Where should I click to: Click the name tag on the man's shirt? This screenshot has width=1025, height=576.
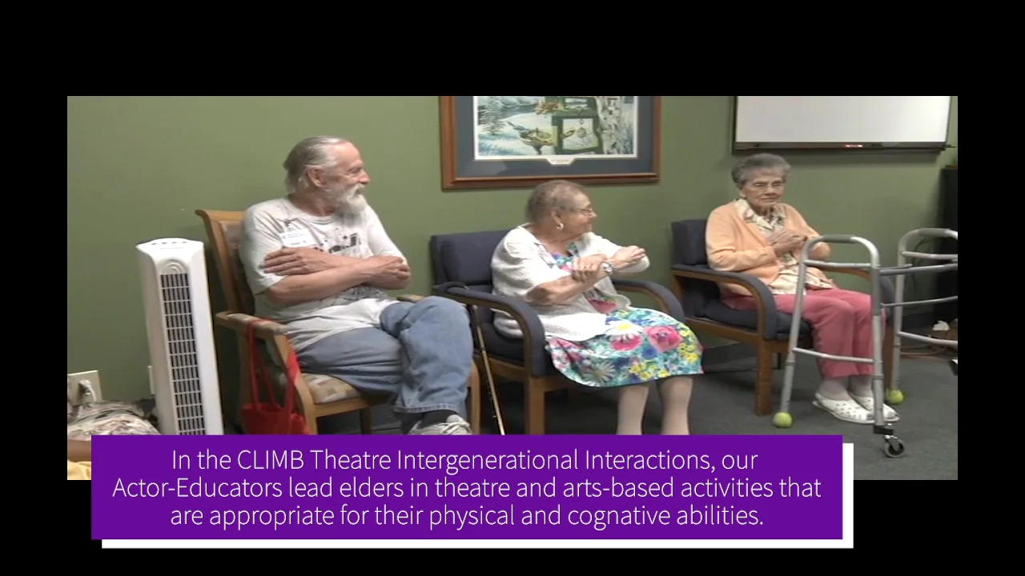coord(297,237)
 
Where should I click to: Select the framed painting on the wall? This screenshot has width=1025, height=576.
coord(549,139)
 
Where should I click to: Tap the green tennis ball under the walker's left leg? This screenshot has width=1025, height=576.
coord(782,419)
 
